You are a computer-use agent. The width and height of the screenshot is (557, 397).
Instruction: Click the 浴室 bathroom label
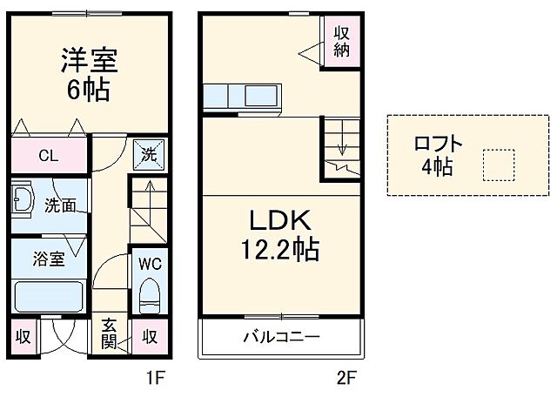pos(49,259)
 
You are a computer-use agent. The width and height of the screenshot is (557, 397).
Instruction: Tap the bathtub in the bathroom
pos(49,298)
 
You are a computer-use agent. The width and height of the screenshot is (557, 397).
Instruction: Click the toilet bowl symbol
pos(149,294)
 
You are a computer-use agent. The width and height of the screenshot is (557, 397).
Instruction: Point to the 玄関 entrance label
pos(110,335)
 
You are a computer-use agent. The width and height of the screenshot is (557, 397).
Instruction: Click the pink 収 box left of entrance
pos(23,335)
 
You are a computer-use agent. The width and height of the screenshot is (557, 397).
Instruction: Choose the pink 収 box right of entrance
pos(149,335)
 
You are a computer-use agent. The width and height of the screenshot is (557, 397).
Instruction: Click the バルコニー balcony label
pos(280,336)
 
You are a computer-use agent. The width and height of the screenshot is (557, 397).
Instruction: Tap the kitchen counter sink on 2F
pos(258,94)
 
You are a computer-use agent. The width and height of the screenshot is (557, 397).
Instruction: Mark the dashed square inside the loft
pos(499,164)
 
